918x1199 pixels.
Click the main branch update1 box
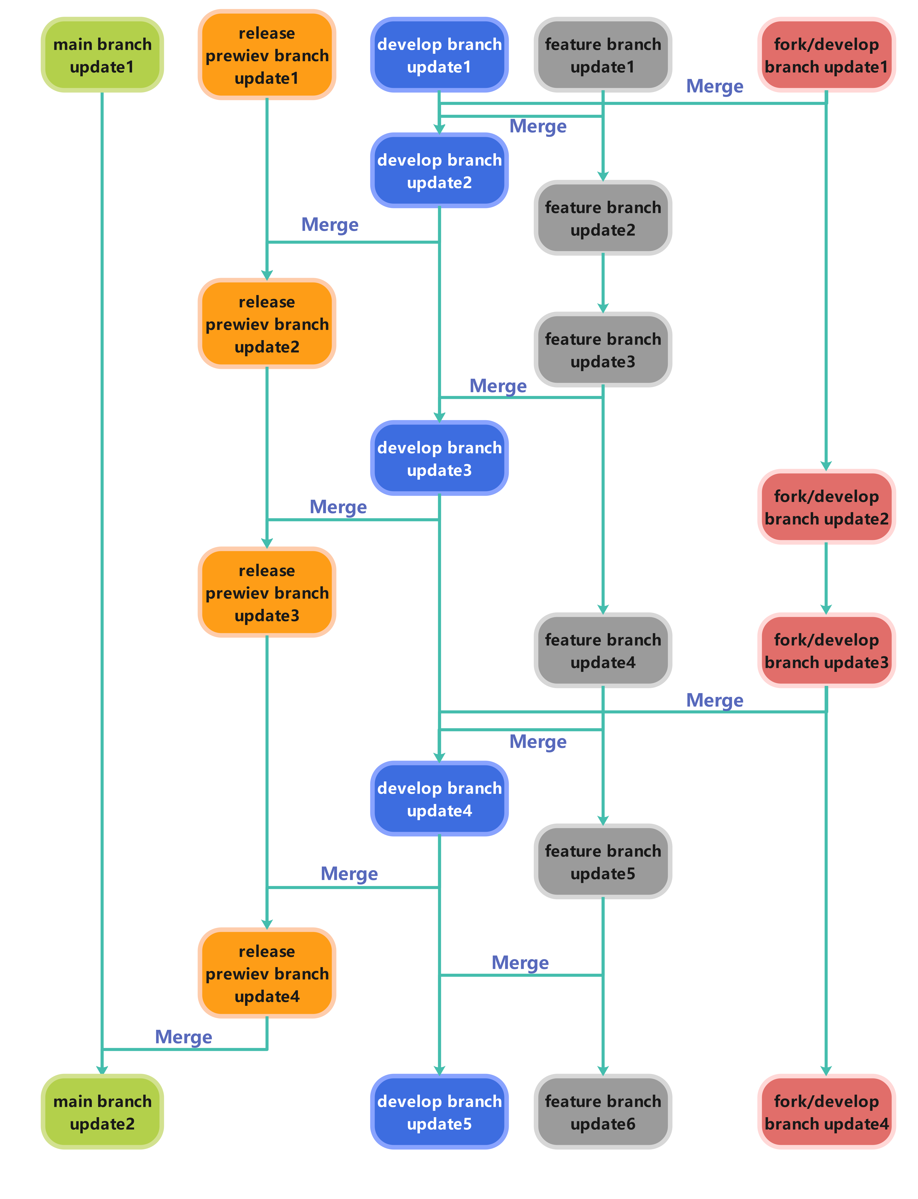[x=102, y=55]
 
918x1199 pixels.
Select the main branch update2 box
[x=102, y=1112]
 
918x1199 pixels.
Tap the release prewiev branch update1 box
[x=267, y=55]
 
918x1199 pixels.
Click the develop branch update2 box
[x=439, y=171]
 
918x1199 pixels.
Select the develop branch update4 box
[x=439, y=799]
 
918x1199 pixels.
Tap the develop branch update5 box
[x=439, y=1112]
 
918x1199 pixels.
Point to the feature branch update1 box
[x=603, y=55]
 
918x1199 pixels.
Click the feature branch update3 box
[x=603, y=350]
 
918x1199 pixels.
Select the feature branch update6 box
[x=603, y=1112]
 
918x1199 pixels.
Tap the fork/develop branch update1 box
[x=826, y=55]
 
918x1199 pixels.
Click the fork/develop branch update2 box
[x=826, y=507]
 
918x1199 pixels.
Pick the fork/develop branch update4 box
[x=826, y=1112]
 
